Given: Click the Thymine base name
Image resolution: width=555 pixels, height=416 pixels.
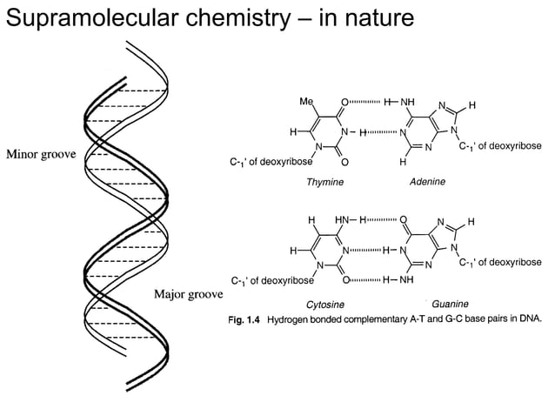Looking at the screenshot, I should [325, 182].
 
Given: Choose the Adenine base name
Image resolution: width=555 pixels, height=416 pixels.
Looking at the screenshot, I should [427, 182].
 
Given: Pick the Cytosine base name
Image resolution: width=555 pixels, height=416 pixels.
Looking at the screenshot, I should [324, 305].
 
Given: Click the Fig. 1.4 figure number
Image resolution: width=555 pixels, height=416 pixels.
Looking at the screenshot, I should [244, 319].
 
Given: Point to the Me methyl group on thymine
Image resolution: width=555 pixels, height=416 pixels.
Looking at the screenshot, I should [305, 102].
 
